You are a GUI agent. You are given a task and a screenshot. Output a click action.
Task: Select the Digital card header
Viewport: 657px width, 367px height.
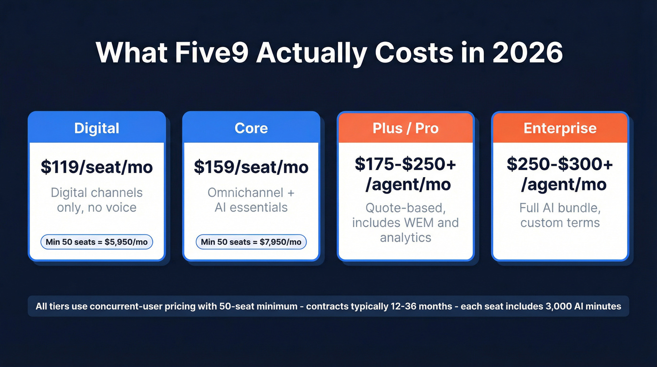[x=97, y=128]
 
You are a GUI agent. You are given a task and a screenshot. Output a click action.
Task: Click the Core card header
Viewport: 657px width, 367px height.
[x=251, y=128]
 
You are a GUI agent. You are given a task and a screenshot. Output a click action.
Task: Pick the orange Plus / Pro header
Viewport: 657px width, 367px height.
[x=405, y=128]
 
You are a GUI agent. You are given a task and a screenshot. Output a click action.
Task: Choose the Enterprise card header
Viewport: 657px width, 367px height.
[x=560, y=128]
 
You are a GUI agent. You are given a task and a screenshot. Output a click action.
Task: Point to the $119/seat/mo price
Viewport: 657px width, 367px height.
[x=97, y=167]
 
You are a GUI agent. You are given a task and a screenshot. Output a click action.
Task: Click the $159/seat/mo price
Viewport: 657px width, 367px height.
[x=251, y=167]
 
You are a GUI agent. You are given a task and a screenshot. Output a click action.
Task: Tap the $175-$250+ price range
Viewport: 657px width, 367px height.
[x=405, y=164]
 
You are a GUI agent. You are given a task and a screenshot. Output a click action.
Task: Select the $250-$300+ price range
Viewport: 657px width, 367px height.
[x=560, y=164]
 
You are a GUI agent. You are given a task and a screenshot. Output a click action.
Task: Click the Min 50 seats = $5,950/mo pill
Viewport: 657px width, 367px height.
[x=97, y=242]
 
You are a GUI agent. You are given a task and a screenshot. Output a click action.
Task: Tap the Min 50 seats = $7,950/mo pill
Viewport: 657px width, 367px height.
[x=251, y=242]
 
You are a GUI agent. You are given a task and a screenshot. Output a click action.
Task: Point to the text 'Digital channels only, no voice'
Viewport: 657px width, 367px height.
[x=97, y=200]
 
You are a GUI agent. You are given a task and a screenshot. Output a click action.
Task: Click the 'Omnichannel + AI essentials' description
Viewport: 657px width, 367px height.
[x=251, y=200]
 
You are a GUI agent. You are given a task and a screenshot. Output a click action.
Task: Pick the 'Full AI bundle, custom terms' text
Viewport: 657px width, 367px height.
[x=560, y=215]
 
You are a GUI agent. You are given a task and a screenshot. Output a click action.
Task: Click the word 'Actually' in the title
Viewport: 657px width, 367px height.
[x=311, y=53]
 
